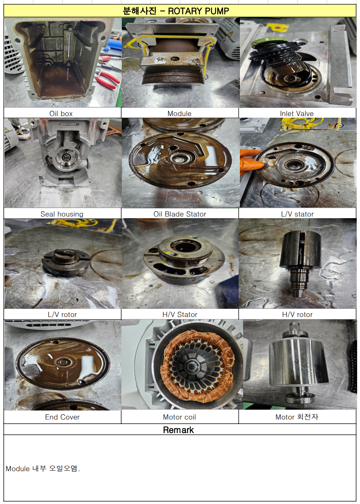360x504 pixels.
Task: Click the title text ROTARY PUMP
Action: pyautogui.click(x=198, y=11)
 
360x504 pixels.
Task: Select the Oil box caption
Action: pyautogui.click(x=61, y=114)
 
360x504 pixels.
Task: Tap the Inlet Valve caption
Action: pyautogui.click(x=296, y=114)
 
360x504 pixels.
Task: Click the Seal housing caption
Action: pyautogui.click(x=62, y=214)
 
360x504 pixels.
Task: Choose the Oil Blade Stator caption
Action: pyautogui.click(x=180, y=214)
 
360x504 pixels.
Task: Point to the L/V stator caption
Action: pyautogui.click(x=297, y=214)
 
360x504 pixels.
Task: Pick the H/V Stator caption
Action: pyautogui.click(x=180, y=314)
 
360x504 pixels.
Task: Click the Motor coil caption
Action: pyautogui.click(x=179, y=417)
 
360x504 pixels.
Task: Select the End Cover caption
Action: pyautogui.click(x=62, y=417)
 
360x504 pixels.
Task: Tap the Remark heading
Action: pyautogui.click(x=178, y=430)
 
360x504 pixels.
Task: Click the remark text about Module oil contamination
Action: pyautogui.click(x=43, y=468)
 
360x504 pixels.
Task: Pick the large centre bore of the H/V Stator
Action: pyautogui.click(x=185, y=246)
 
